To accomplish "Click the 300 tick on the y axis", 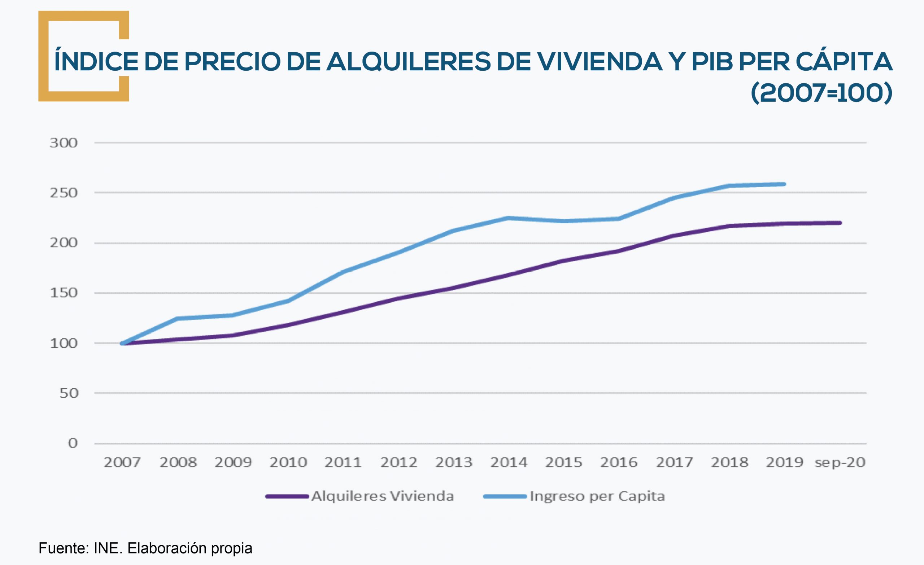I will (64, 143).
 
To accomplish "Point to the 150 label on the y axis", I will (64, 293).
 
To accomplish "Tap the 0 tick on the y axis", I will (73, 443).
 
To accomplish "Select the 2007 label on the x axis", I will (122, 462).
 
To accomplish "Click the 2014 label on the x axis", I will (509, 462).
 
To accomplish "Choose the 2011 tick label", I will (343, 462).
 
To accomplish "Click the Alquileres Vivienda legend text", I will (383, 496).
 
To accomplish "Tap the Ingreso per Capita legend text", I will (597, 496).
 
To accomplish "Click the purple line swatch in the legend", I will (287, 496).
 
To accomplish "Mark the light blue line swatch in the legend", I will (505, 496).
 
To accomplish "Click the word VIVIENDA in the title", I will (579, 62).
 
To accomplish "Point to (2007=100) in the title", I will (821, 93).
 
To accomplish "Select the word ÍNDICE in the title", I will (96, 62).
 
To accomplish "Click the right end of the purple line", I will (840, 223).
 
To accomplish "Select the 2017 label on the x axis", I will (674, 462).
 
